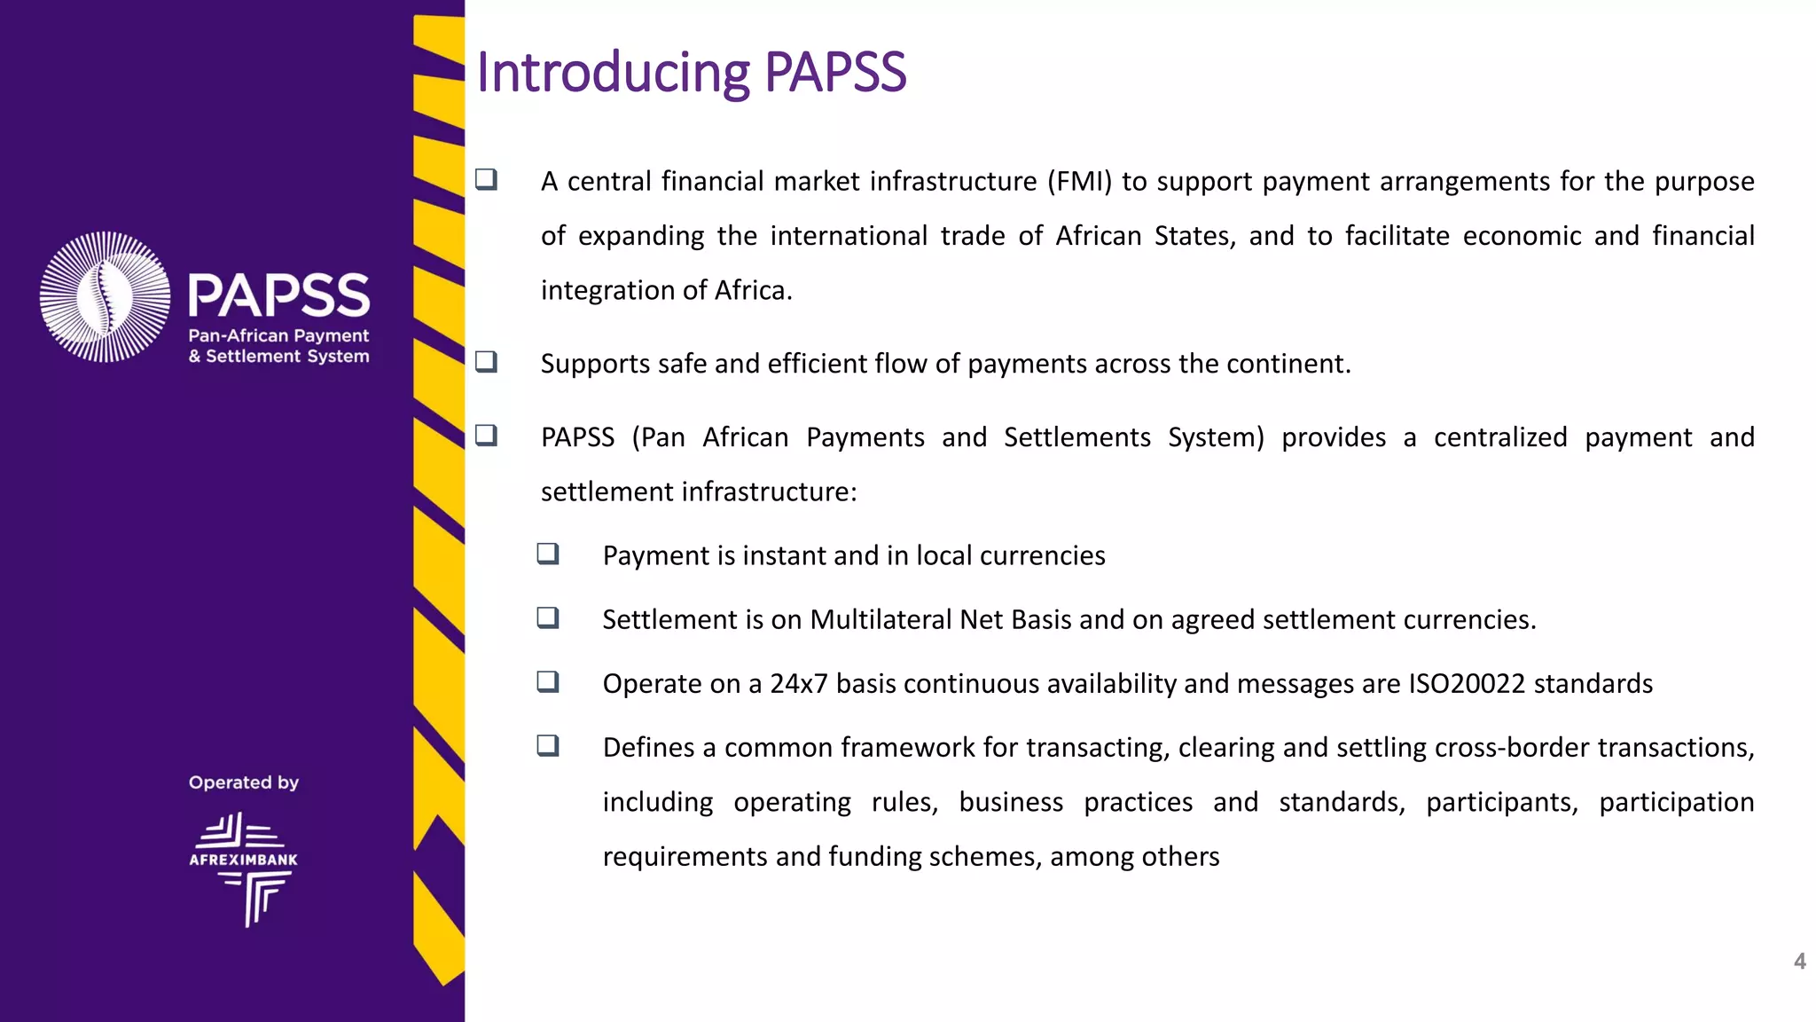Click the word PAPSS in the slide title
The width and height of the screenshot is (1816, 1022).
click(x=835, y=73)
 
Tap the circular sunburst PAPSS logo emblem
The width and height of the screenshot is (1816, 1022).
click(x=106, y=296)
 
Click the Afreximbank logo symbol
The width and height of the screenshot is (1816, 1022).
click(x=244, y=869)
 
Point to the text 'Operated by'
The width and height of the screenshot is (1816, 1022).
click(x=244, y=782)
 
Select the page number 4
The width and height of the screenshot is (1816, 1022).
click(x=1799, y=961)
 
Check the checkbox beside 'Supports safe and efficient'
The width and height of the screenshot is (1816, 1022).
click(x=486, y=362)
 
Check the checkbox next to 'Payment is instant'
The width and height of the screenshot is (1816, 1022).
click(x=548, y=554)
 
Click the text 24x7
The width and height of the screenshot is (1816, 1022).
click(x=798, y=684)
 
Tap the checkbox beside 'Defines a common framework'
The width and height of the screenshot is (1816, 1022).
click(x=548, y=745)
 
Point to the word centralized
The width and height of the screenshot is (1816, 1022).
click(x=1500, y=437)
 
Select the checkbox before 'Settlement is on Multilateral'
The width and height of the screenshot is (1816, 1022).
click(x=548, y=617)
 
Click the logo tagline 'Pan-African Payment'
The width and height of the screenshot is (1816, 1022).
click(x=278, y=335)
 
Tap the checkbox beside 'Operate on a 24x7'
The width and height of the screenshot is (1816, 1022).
click(x=548, y=681)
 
